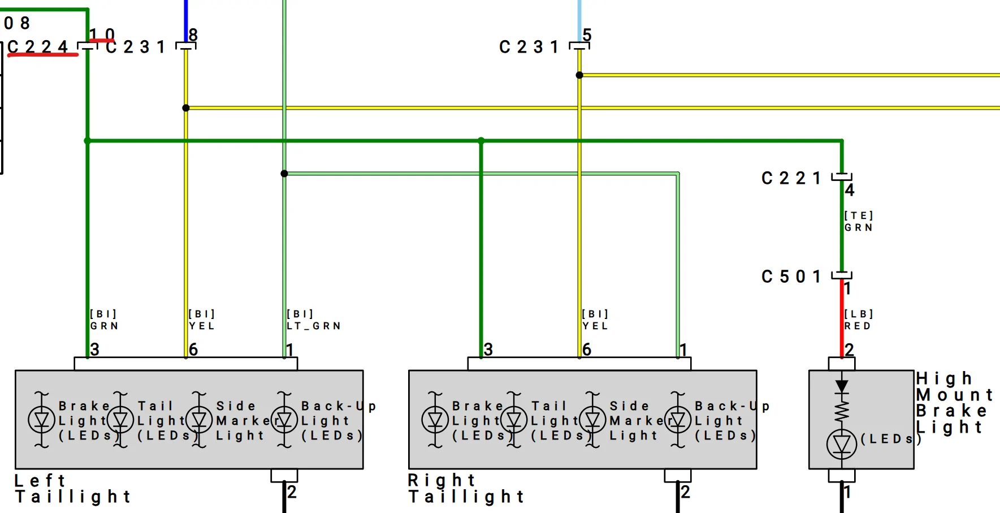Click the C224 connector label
(37, 46)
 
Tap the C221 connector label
(791, 178)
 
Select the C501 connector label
(791, 277)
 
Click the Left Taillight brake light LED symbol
(42, 420)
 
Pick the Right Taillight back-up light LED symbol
(678, 420)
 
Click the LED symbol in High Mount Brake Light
(842, 445)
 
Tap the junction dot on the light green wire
(284, 174)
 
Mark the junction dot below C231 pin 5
(579, 75)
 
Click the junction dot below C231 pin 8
(186, 108)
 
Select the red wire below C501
(842, 319)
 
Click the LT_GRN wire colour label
(314, 326)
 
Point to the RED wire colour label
(858, 326)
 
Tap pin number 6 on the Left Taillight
(193, 350)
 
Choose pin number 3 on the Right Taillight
(488, 350)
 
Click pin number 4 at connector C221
(850, 190)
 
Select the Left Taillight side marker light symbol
(199, 420)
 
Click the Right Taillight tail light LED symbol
(514, 420)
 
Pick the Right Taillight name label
(466, 489)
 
